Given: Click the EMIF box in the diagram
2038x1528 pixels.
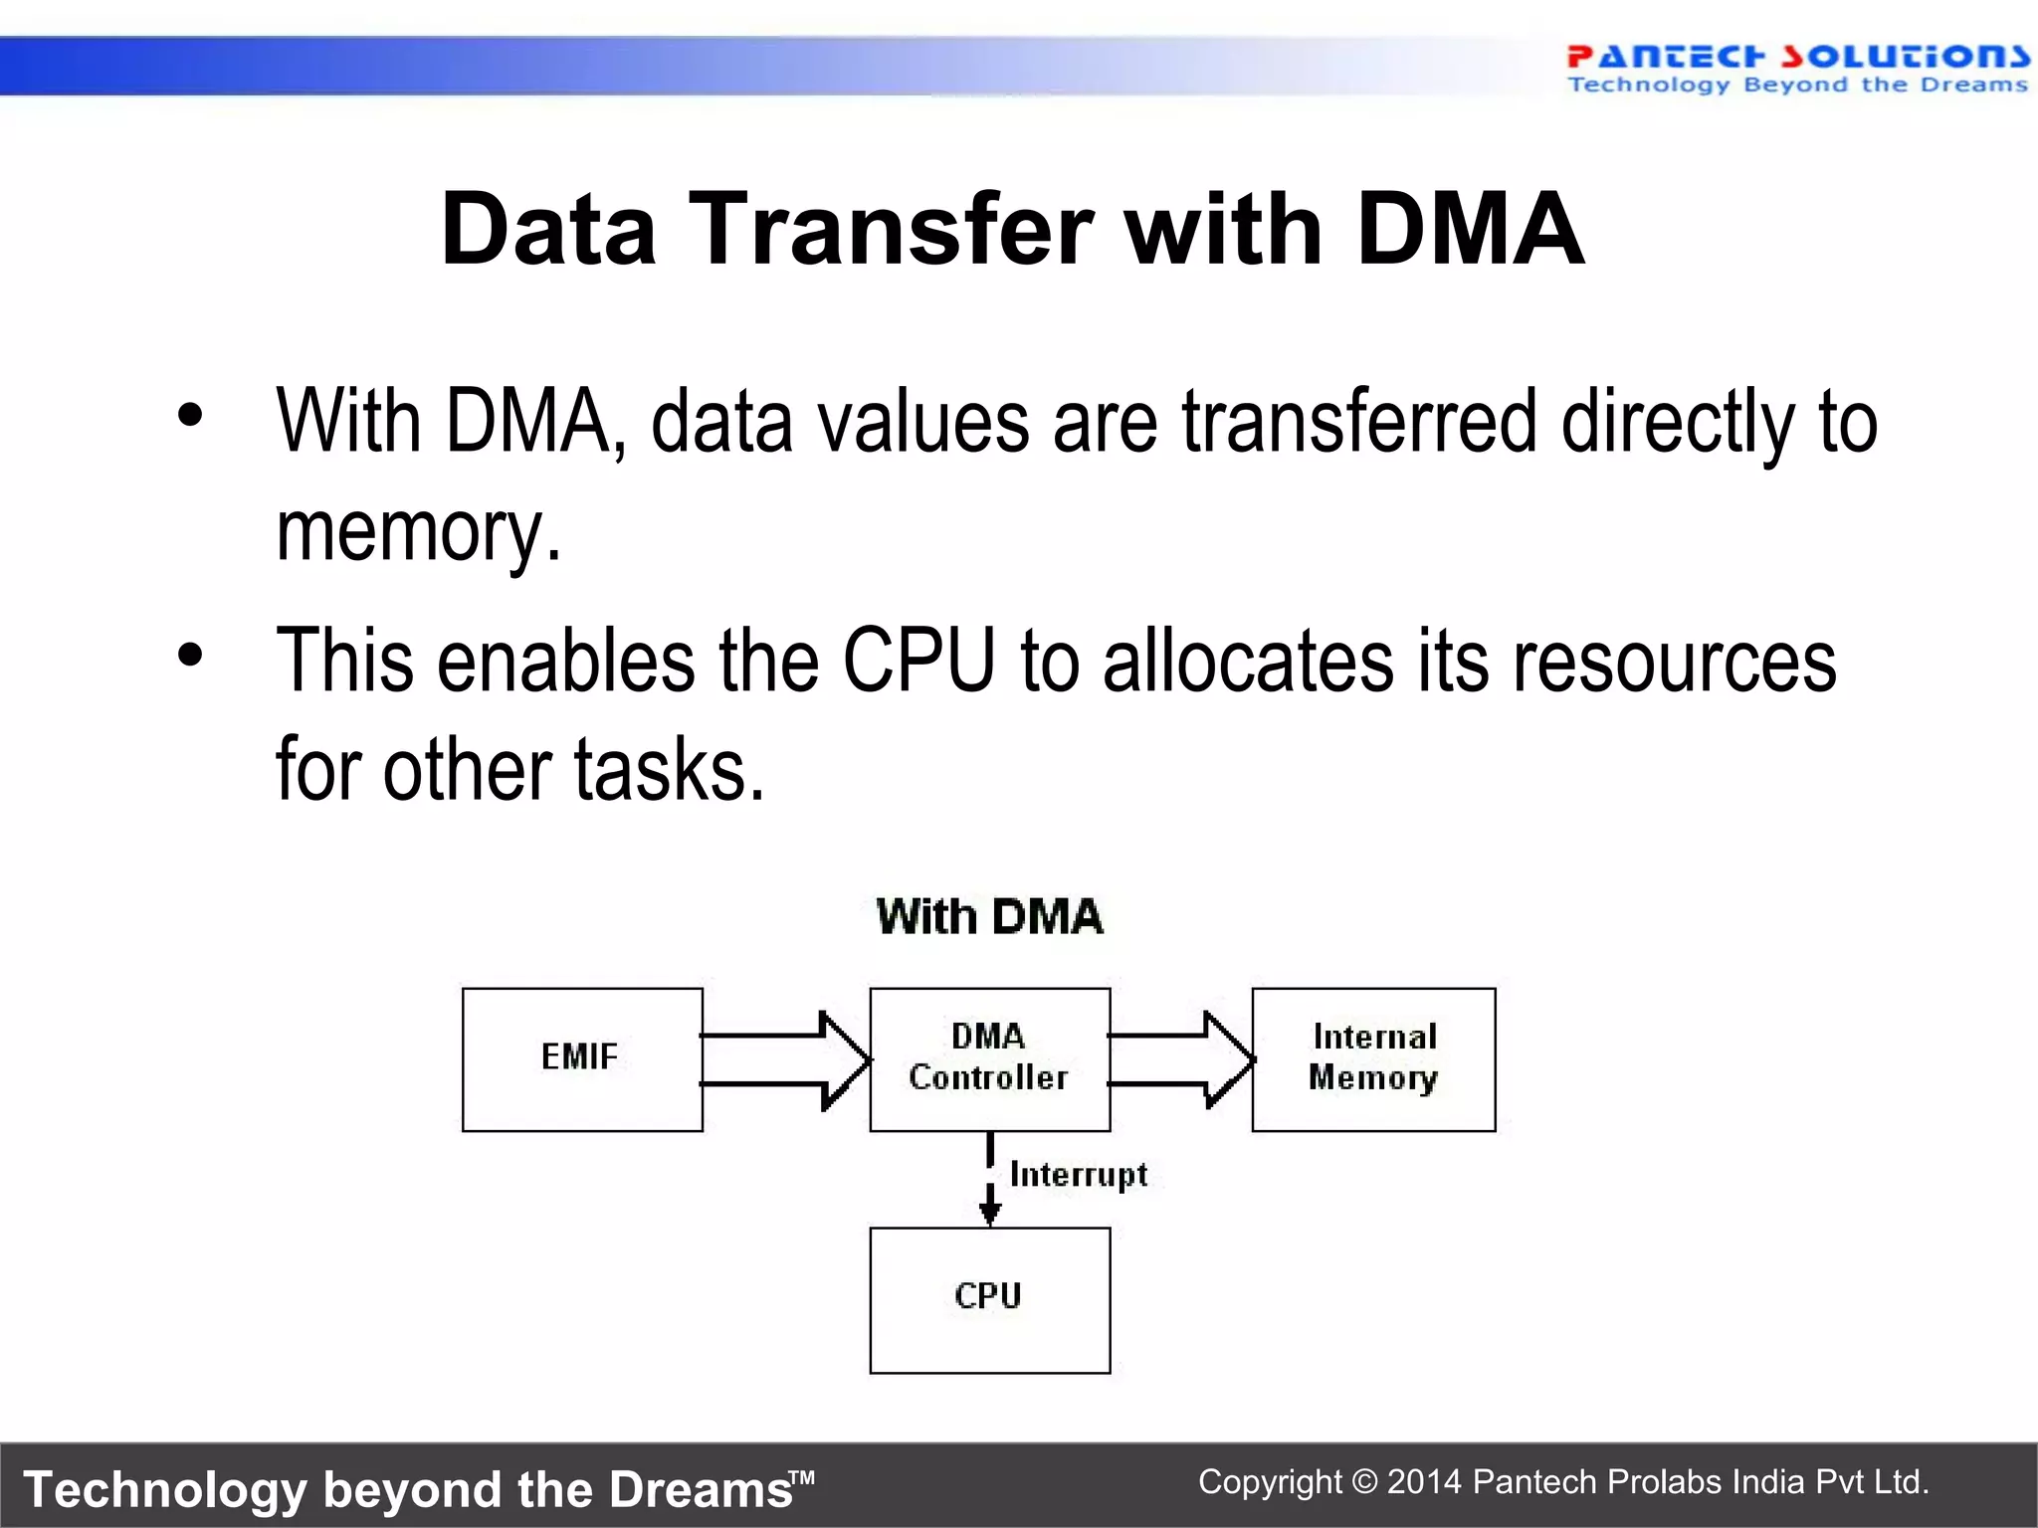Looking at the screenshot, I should click(x=582, y=1058).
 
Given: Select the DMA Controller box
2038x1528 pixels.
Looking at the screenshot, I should click(x=989, y=1058).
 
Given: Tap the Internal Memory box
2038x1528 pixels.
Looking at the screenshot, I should click(x=1373, y=1058).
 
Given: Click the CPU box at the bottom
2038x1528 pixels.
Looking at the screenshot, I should click(x=989, y=1299).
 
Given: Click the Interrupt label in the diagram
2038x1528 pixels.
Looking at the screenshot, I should click(x=1079, y=1175).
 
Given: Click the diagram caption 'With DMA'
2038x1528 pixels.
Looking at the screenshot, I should click(x=989, y=916).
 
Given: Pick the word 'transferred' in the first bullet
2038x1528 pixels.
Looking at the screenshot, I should click(x=1359, y=422).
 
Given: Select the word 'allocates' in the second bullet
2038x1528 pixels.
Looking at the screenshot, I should click(x=1248, y=661).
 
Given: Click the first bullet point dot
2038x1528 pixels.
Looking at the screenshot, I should click(x=190, y=416).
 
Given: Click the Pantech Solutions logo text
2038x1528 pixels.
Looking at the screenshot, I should click(x=1797, y=57).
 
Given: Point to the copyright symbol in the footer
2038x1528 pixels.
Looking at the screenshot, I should click(x=1365, y=1482).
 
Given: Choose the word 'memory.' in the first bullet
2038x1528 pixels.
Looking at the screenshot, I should click(x=418, y=531).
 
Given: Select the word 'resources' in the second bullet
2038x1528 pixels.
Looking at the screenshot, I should click(x=1674, y=661).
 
